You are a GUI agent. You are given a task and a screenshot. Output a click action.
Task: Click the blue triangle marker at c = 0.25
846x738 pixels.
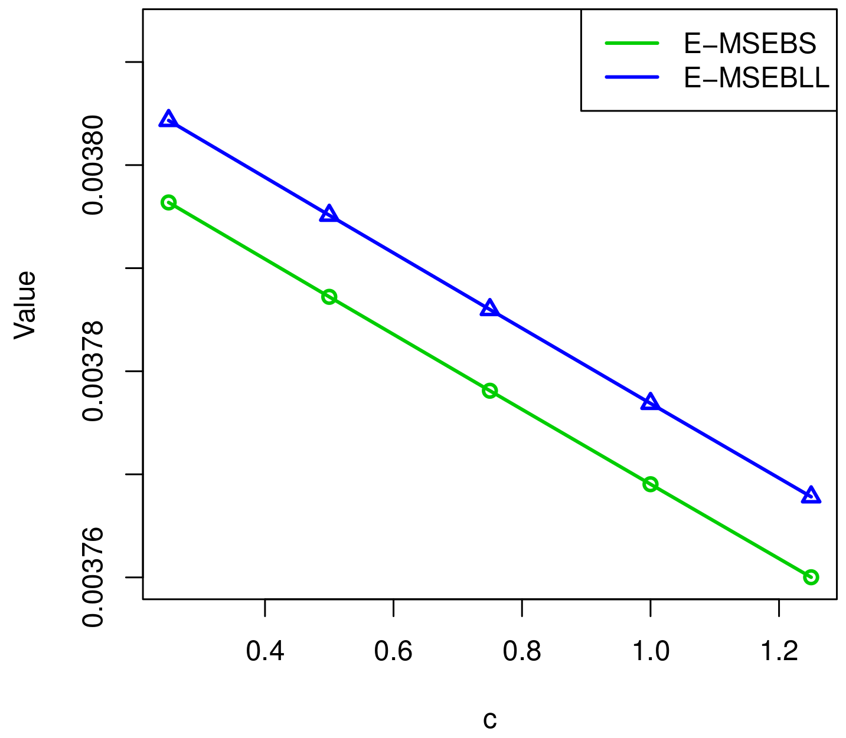click(x=168, y=120)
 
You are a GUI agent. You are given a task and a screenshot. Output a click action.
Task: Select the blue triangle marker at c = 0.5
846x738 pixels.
click(x=329, y=215)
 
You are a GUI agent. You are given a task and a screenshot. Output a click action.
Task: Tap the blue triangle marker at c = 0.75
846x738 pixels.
click(x=489, y=309)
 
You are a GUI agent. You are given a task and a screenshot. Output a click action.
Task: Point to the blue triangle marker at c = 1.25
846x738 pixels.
click(x=811, y=496)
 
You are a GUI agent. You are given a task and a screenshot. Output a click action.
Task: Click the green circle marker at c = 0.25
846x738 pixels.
click(x=168, y=203)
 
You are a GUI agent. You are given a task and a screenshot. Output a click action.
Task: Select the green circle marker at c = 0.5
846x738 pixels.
click(x=329, y=297)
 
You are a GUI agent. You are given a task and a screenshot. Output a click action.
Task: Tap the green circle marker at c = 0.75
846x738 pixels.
click(x=489, y=391)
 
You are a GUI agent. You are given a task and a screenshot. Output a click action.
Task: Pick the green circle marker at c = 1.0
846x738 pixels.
click(x=650, y=484)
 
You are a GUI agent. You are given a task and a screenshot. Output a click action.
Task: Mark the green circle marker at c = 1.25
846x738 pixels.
click(x=811, y=577)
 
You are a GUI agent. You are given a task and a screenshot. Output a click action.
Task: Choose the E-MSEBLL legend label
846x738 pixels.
click(x=756, y=78)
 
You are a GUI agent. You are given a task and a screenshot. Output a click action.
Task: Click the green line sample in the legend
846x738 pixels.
click(x=632, y=43)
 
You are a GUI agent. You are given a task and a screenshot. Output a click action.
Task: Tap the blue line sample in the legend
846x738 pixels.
click(x=632, y=77)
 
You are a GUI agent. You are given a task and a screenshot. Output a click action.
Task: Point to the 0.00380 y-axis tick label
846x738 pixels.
click(x=93, y=165)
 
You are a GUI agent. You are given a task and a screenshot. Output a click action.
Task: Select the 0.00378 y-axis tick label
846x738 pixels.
click(x=93, y=371)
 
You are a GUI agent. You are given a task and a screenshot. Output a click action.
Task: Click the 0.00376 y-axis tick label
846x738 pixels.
click(x=93, y=577)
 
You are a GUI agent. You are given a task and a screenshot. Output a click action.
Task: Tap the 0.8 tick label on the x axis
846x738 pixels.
click(x=522, y=652)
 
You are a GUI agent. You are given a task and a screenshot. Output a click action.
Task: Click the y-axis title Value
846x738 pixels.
click(x=25, y=304)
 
